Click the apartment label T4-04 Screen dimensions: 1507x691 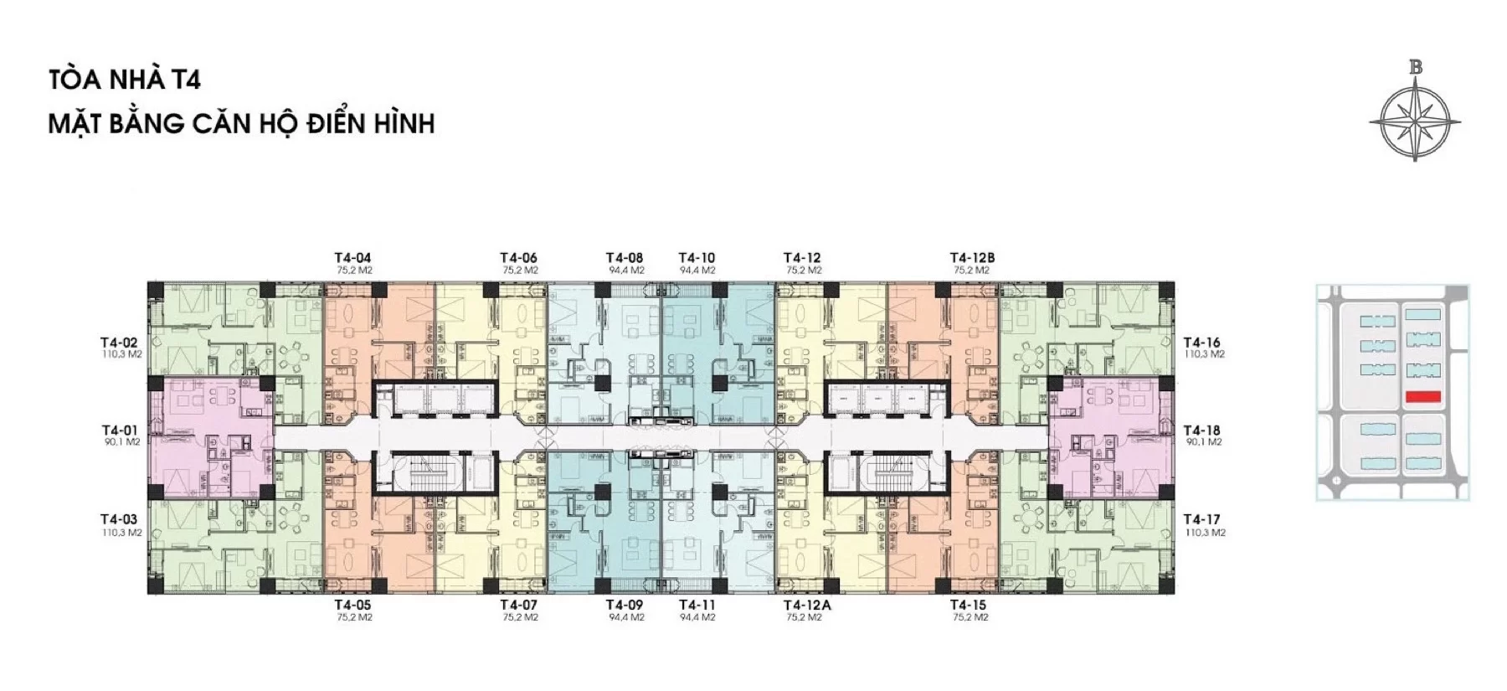coord(352,258)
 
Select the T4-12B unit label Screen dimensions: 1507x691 coord(972,258)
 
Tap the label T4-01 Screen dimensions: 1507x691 coord(118,431)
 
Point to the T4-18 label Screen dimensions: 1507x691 coord(1201,431)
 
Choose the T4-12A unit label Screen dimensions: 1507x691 coord(806,606)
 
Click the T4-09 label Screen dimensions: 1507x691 coord(625,606)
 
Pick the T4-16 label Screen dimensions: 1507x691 coord(1201,343)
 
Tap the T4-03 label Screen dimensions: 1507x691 coord(118,519)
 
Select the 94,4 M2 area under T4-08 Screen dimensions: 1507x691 coord(627,271)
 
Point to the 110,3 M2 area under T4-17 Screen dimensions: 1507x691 coord(1206,533)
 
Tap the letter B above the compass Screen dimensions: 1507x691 coord(1416,68)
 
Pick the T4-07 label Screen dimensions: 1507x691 coord(518,606)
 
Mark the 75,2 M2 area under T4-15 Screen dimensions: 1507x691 coord(970,618)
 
